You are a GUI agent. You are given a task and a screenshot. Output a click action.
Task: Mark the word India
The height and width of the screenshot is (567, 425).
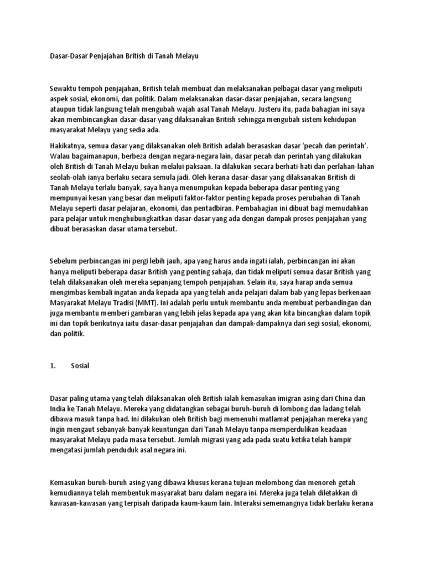tap(59, 409)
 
